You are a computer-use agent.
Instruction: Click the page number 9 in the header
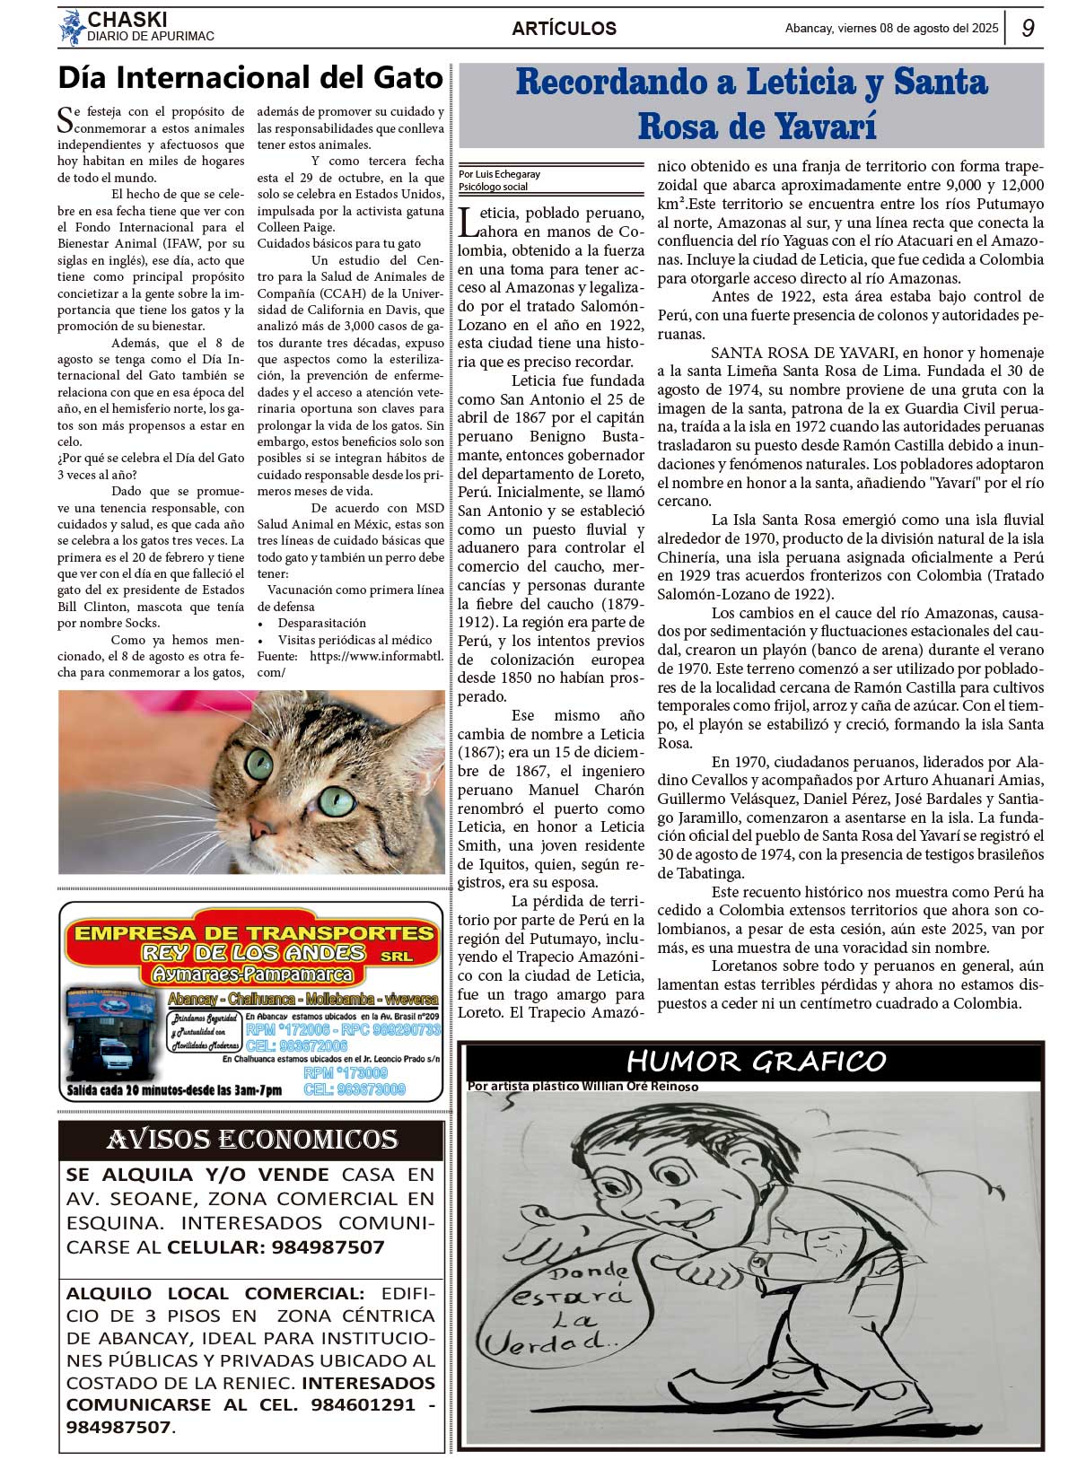(x=1028, y=28)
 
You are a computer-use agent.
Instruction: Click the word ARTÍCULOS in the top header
(x=564, y=29)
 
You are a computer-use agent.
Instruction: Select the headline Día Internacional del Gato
(x=250, y=78)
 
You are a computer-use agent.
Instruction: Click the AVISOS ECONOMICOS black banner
(x=251, y=1140)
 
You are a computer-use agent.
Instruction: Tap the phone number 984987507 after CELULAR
(x=329, y=1247)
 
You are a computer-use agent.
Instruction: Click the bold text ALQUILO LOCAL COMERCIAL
(x=215, y=1293)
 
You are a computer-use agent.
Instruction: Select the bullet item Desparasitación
(x=321, y=623)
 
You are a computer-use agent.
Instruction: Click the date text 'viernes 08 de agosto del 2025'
(x=917, y=28)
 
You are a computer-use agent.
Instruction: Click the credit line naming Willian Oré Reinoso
(x=582, y=1086)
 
